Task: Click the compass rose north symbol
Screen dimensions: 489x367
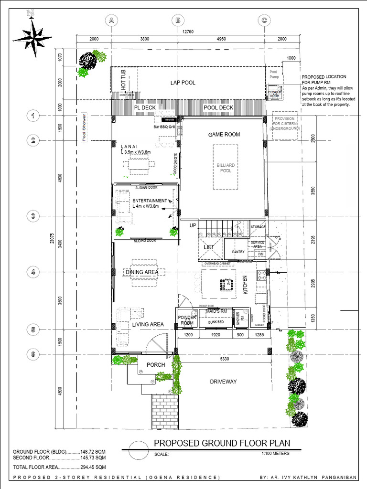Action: (x=32, y=36)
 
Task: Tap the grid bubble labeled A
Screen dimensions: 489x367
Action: (x=111, y=20)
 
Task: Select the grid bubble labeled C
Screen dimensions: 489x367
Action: (x=264, y=20)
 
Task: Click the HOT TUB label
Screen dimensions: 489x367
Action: (x=123, y=80)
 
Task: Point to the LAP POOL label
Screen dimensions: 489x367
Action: (x=183, y=83)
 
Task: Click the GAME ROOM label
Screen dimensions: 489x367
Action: (x=224, y=135)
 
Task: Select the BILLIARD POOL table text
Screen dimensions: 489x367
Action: (x=226, y=167)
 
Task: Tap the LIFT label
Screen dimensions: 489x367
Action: (x=209, y=247)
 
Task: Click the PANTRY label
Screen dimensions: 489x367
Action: (x=238, y=252)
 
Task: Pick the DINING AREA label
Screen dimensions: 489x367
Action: (x=141, y=272)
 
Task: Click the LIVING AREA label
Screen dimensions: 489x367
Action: (x=148, y=324)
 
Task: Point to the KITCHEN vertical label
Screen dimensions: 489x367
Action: (x=245, y=285)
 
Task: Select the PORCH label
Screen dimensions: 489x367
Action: (x=156, y=365)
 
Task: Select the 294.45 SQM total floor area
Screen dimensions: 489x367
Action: (x=93, y=467)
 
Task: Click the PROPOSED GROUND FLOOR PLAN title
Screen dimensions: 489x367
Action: (x=222, y=444)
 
